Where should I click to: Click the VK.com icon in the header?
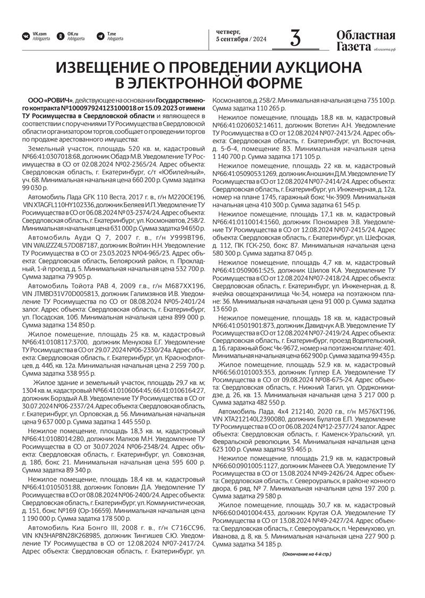pos(25,36)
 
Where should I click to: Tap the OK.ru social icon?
pos(61,36)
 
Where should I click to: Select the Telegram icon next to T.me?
pos(100,36)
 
